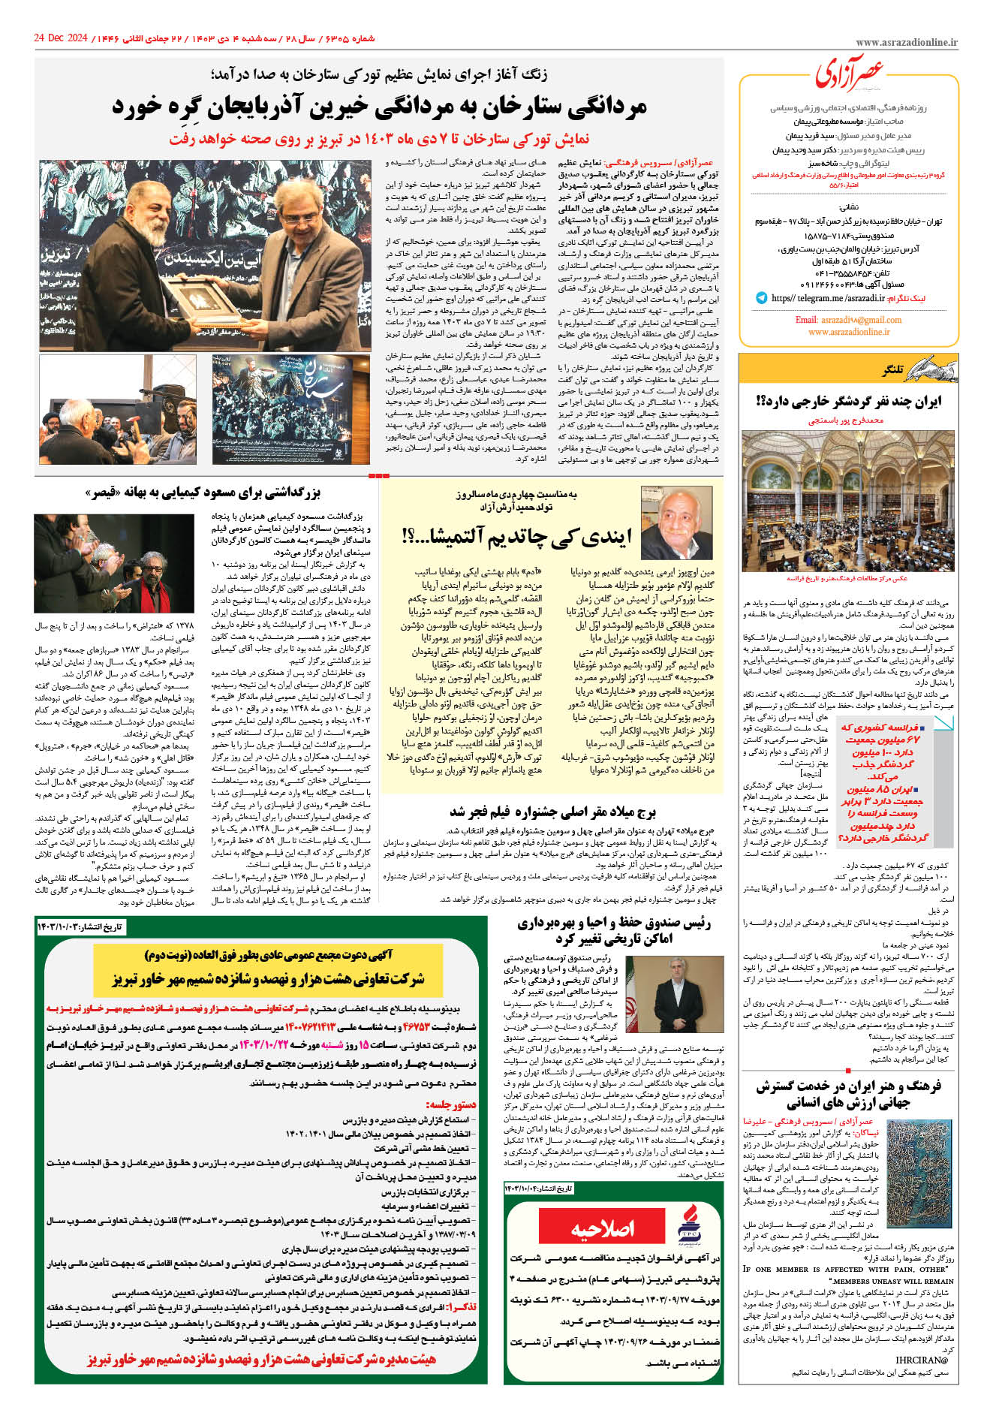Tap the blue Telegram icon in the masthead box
[x=761, y=298]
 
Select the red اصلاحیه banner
[x=603, y=1228]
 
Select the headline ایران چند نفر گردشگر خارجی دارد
[x=848, y=402]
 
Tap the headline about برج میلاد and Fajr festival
[x=552, y=812]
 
